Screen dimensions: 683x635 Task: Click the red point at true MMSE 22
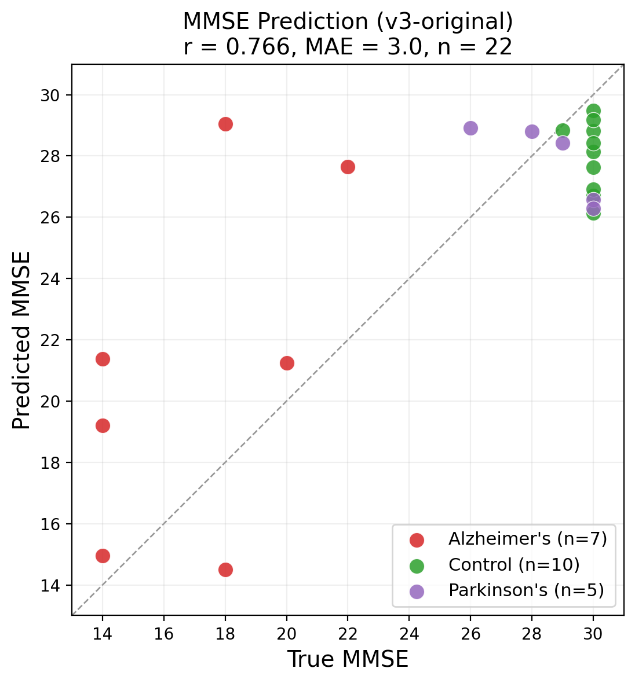(x=348, y=167)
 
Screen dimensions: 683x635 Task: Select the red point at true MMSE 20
(x=287, y=363)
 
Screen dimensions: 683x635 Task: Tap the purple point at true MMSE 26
(x=470, y=128)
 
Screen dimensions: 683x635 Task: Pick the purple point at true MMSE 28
(x=532, y=131)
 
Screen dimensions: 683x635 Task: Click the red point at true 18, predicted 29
(x=225, y=124)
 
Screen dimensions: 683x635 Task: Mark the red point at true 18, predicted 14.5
(x=225, y=570)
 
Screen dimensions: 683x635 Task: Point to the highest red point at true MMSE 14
(x=103, y=359)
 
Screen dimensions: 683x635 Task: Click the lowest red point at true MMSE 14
(x=103, y=556)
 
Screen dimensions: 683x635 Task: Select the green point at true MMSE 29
(x=563, y=130)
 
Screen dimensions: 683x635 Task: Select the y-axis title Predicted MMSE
(x=21, y=340)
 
